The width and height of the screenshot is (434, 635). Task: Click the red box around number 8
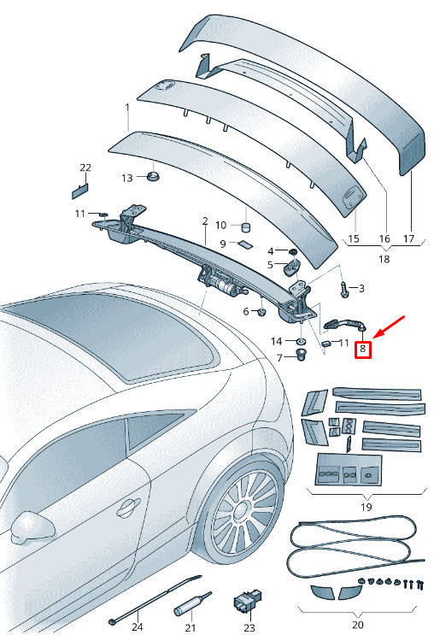363,349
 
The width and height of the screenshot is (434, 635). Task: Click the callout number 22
85,168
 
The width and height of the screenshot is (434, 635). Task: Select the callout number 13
126,178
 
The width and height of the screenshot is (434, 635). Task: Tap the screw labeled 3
344,290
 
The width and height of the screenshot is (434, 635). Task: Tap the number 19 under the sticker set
366,507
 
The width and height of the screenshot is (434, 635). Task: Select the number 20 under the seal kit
357,625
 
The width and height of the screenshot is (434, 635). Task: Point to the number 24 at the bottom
138,626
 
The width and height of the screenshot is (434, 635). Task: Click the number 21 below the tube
191,627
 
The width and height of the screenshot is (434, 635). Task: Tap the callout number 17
409,238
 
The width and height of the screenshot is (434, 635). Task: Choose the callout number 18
384,258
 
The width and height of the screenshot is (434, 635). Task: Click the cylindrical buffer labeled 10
246,227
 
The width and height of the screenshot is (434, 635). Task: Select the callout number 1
127,109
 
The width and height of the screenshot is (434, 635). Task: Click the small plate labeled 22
79,191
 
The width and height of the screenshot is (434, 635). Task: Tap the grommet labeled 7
301,356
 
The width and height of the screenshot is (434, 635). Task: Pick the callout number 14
277,341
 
